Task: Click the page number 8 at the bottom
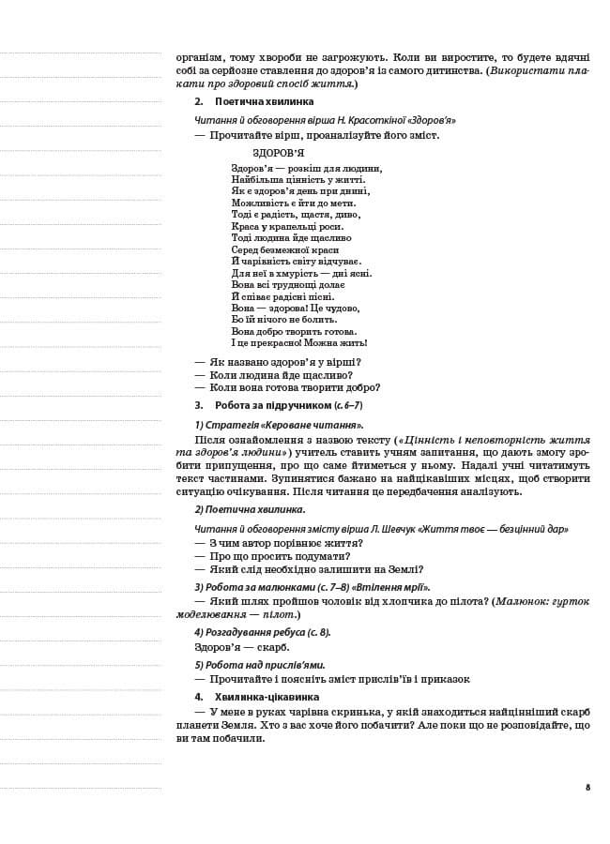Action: [587, 786]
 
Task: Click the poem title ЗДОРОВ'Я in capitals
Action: [278, 153]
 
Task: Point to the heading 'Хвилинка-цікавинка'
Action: [267, 697]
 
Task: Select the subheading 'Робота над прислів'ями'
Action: [252, 664]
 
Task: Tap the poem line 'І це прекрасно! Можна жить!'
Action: [299, 343]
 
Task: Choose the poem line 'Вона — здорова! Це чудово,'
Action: [296, 308]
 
